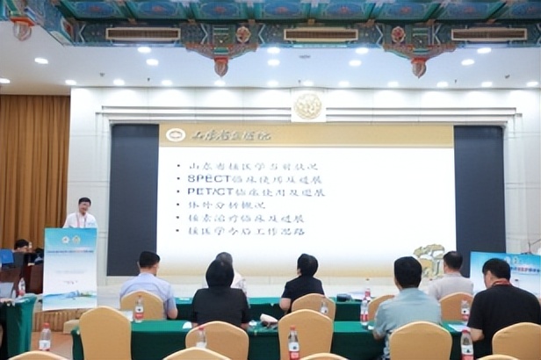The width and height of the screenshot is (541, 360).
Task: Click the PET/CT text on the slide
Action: [x=209, y=191]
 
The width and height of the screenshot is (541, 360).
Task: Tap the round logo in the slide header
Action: [x=175, y=134]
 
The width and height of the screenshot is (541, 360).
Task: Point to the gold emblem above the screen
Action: [x=307, y=106]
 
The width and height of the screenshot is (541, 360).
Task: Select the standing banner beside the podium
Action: [x=70, y=268]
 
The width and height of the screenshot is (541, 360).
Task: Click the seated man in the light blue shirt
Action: [x=148, y=279]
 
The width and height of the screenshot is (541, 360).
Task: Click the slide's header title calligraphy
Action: [x=220, y=135]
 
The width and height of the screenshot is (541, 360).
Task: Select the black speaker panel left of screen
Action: [x=133, y=198]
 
